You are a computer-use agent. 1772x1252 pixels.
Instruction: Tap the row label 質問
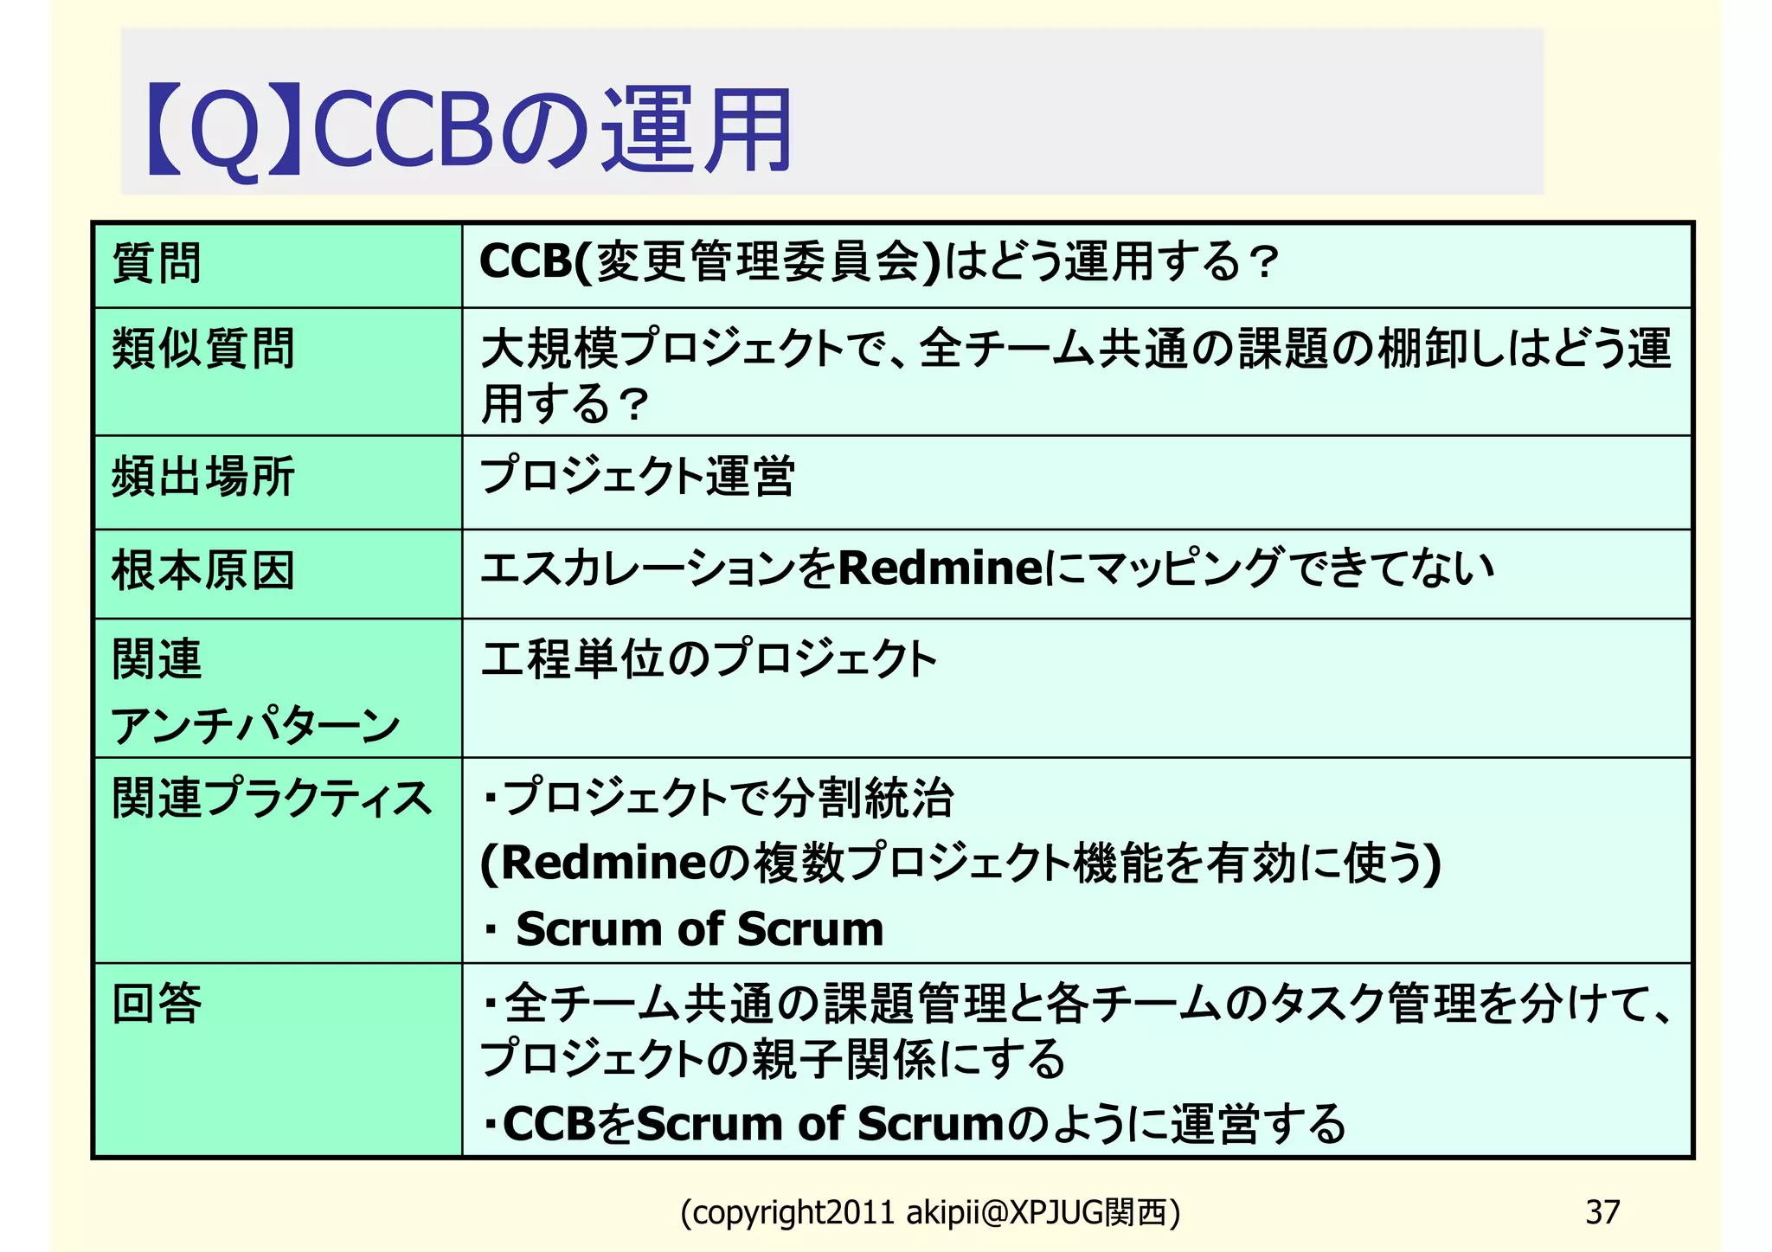pyautogui.click(x=157, y=263)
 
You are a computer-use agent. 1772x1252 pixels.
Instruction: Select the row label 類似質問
pyautogui.click(x=203, y=349)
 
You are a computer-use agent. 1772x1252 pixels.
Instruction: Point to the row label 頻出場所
pyautogui.click(x=203, y=477)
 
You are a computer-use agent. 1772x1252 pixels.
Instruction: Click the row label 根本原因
pyautogui.click(x=203, y=571)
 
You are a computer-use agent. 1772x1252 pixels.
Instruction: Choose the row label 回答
pyautogui.click(x=157, y=1004)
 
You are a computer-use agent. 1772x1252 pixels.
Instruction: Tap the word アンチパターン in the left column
pyautogui.click(x=255, y=725)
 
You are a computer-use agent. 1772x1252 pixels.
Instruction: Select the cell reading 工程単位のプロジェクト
pyautogui.click(x=709, y=658)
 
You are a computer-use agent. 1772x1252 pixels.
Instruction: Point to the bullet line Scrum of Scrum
pyautogui.click(x=699, y=929)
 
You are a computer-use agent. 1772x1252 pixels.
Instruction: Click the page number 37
pyautogui.click(x=1602, y=1211)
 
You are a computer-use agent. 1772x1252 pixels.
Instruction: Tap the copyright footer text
pyautogui.click(x=930, y=1212)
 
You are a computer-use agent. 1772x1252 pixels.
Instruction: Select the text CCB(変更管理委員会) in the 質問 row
pyautogui.click(x=709, y=261)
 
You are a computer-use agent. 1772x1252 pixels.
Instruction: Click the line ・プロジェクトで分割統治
pyautogui.click(x=719, y=798)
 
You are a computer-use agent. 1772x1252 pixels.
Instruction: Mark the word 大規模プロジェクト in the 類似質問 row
pyautogui.click(x=662, y=349)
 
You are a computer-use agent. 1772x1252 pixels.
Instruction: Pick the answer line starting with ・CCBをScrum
pyautogui.click(x=914, y=1124)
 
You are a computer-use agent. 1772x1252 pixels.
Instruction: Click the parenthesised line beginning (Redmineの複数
pyautogui.click(x=960, y=863)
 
